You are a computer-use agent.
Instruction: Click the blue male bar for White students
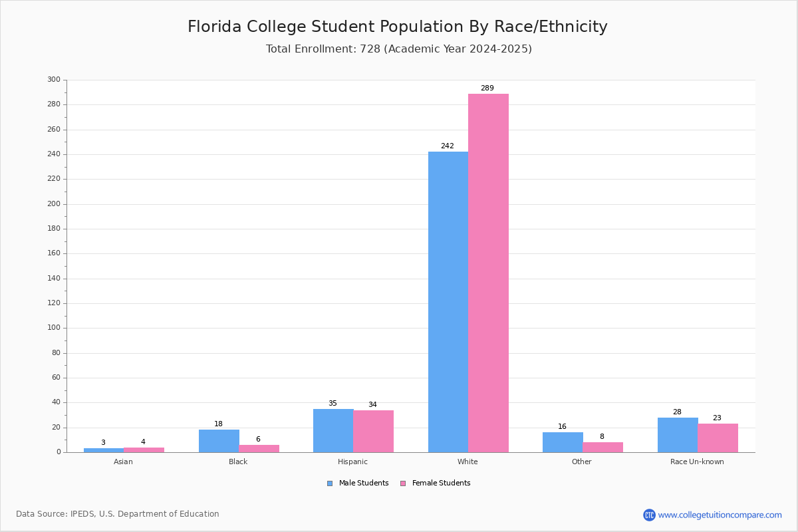pos(448,302)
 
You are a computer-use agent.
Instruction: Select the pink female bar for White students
pos(488,273)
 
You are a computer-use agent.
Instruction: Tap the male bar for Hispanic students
pos(333,430)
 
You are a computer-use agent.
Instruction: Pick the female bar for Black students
pos(259,448)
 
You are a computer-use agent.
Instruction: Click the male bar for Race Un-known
pos(677,435)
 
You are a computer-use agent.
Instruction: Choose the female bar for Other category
pos(602,447)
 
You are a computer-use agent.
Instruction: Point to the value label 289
pos(487,88)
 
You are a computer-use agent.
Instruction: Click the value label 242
pos(447,146)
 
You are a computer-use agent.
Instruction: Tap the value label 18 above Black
pos(218,424)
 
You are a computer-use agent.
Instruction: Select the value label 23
pos(717,418)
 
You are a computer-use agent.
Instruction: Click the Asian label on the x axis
pos(123,462)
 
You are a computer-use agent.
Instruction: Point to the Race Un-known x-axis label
pos(697,462)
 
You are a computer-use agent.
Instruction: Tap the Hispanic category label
pos(352,462)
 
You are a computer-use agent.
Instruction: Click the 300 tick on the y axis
pos(54,80)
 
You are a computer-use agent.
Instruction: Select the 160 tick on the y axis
pos(54,253)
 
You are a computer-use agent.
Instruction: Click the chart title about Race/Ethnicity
pos(398,27)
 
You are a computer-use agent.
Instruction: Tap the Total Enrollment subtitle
pos(399,49)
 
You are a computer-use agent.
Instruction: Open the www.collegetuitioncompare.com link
pos(720,515)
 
